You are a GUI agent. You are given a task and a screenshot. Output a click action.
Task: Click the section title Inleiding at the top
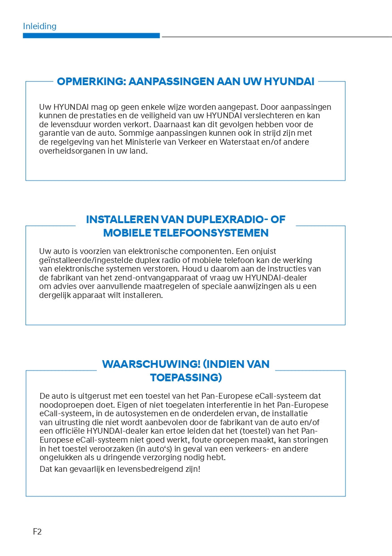tap(39, 26)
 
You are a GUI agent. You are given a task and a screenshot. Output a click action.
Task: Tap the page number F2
tap(37, 532)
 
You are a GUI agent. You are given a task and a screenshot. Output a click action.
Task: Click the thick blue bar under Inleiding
tap(91, 35)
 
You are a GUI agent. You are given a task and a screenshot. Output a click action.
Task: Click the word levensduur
tap(70, 125)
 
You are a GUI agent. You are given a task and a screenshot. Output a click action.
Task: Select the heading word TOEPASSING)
tap(186, 378)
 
